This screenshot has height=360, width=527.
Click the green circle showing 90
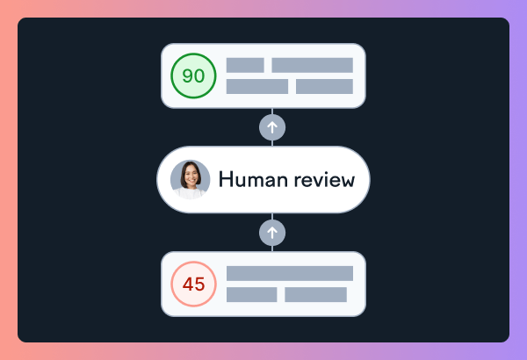tap(193, 76)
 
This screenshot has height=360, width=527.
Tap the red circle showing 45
tap(193, 284)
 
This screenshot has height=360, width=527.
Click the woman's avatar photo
tap(191, 179)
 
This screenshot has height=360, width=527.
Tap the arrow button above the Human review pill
tap(272, 127)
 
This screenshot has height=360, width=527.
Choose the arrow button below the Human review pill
tap(272, 233)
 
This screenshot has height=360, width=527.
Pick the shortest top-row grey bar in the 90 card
tap(245, 65)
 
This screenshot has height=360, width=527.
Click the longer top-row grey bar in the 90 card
tap(312, 65)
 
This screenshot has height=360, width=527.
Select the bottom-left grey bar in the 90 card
tap(257, 86)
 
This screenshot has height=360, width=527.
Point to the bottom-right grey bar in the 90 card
tap(324, 86)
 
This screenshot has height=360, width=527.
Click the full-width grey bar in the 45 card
tap(290, 273)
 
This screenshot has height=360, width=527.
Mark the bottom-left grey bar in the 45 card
tap(251, 294)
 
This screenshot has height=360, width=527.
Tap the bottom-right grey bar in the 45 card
tap(315, 294)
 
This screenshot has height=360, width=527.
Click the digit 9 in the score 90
tap(187, 76)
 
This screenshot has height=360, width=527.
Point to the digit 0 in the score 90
tap(199, 76)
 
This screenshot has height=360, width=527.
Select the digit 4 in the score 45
tap(187, 284)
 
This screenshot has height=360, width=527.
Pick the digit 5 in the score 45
tap(199, 284)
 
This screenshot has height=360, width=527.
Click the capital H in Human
tap(225, 180)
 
